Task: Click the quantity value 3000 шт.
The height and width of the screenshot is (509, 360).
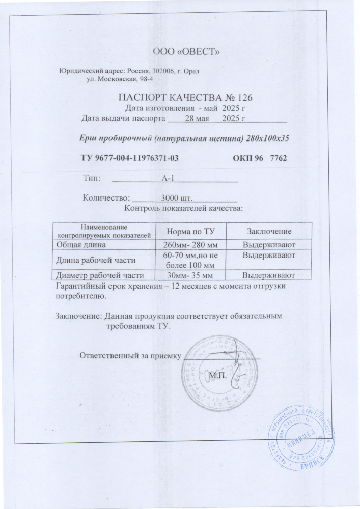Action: [175, 199]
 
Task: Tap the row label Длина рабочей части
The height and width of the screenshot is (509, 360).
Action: [97, 260]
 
